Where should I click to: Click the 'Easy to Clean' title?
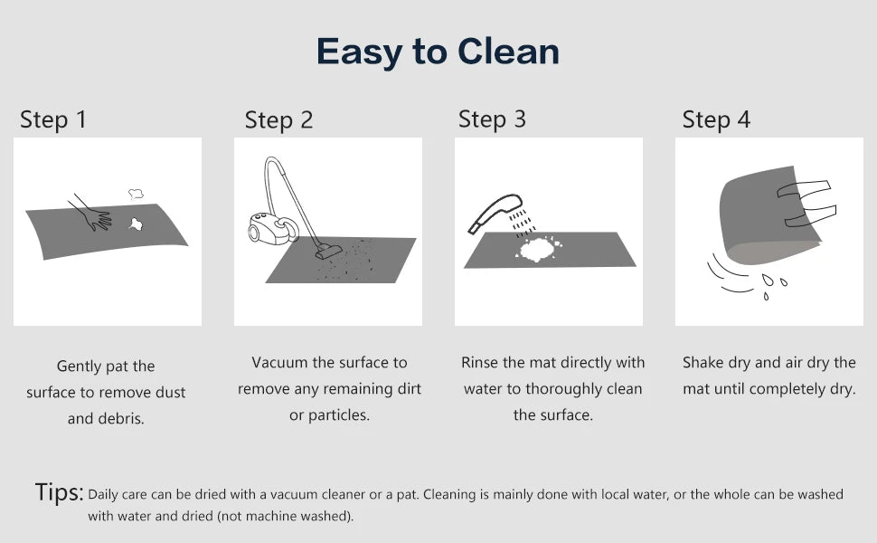[x=438, y=52]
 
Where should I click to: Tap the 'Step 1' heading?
[x=53, y=119]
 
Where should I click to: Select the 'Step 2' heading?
[x=278, y=120]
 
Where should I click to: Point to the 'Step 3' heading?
[x=492, y=119]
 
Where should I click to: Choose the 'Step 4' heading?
[x=716, y=119]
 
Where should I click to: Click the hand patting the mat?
[x=91, y=213]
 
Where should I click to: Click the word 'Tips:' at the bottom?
[x=60, y=493]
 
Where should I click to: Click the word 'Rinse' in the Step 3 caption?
[x=480, y=363]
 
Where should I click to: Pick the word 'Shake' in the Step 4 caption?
[x=703, y=363]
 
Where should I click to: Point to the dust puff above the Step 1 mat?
[x=137, y=193]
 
